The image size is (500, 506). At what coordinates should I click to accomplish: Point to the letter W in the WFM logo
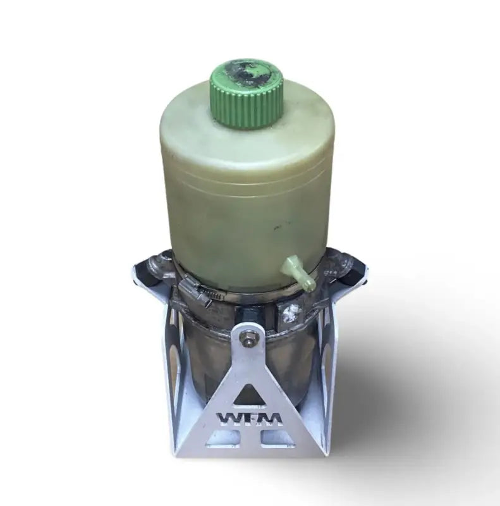point(228,419)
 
